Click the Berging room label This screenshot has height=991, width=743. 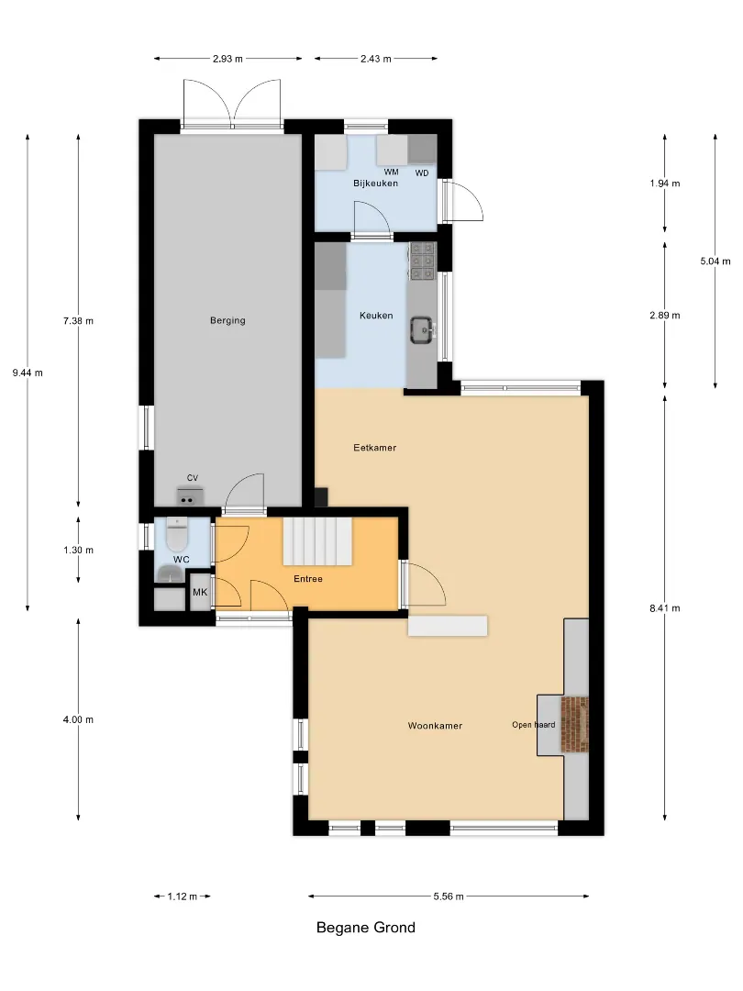click(227, 320)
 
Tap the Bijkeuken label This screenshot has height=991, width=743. click(375, 184)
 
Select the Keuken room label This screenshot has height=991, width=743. click(376, 316)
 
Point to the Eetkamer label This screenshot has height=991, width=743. click(374, 448)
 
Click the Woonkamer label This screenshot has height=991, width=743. click(435, 726)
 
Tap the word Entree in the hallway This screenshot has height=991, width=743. click(307, 578)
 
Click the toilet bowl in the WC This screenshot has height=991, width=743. click(175, 535)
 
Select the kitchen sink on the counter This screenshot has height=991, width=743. click(421, 330)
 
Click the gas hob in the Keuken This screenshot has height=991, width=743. click(422, 262)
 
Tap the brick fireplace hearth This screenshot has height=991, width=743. click(574, 724)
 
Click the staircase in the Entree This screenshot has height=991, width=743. click(316, 541)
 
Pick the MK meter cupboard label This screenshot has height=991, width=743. click(200, 592)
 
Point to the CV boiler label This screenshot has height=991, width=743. click(193, 478)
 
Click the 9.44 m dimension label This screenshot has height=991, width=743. click(28, 373)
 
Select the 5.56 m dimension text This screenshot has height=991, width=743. click(449, 896)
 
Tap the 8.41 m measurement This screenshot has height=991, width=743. click(665, 608)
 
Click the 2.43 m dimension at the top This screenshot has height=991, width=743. click(376, 59)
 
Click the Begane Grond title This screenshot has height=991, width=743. click(366, 927)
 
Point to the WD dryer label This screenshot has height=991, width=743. click(422, 173)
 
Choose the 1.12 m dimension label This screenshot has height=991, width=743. click(182, 896)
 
